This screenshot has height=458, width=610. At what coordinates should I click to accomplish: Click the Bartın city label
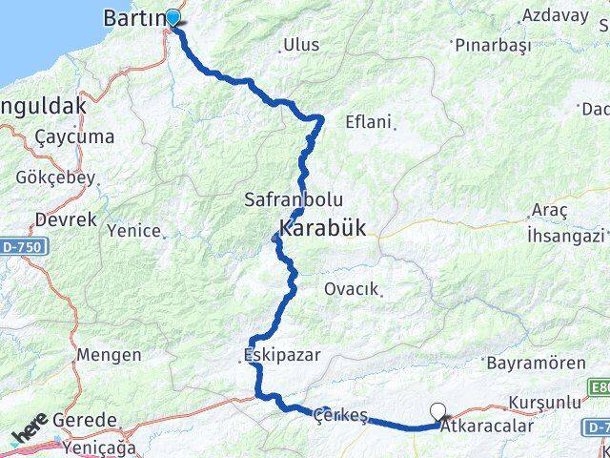[x=134, y=18]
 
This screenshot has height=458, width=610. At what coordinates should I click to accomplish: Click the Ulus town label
[x=301, y=45]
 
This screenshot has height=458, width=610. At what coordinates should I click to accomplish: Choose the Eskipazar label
[x=281, y=355]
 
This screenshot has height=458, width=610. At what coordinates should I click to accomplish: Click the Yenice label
[x=133, y=230]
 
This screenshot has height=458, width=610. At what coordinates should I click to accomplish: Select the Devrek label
[x=66, y=219]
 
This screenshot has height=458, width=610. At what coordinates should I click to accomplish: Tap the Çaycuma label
[x=73, y=136]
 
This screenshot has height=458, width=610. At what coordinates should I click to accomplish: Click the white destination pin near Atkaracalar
[x=438, y=412]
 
